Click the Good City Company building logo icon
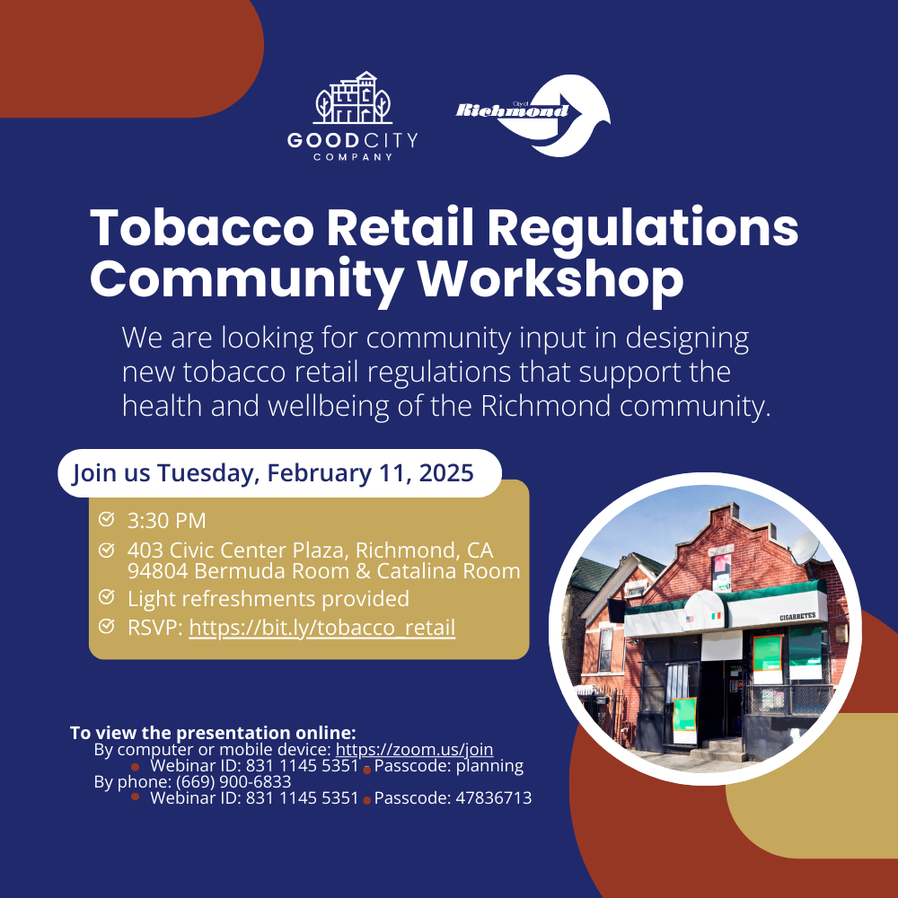[x=352, y=99]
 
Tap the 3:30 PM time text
[x=166, y=520]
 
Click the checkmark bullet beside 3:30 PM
[x=107, y=519]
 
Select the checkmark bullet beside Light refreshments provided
[x=107, y=597]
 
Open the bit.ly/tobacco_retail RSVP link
[x=321, y=627]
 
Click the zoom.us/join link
[x=414, y=749]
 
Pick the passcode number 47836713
[x=491, y=797]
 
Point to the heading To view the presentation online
[x=213, y=732]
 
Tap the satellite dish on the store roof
[x=805, y=546]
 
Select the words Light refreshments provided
[x=268, y=598]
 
